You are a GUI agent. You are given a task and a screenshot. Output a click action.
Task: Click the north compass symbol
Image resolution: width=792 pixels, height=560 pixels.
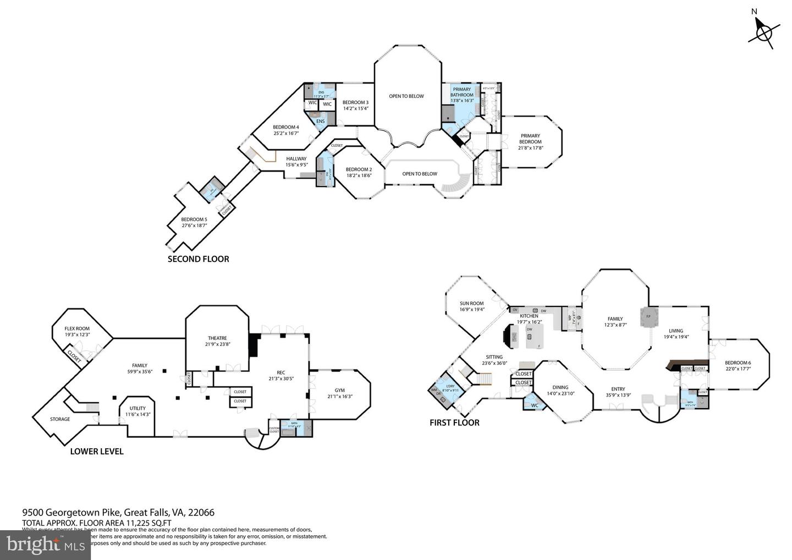click(x=763, y=33)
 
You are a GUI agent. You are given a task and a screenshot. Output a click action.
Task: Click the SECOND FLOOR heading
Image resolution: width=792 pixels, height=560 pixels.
click(x=198, y=259)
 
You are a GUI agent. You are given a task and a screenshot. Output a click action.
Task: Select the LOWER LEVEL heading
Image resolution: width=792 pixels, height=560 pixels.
click(x=97, y=451)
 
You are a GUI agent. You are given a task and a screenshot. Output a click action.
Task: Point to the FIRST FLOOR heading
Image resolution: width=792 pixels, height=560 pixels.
click(x=454, y=422)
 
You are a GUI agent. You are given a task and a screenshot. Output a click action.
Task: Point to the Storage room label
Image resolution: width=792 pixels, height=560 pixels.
click(x=60, y=419)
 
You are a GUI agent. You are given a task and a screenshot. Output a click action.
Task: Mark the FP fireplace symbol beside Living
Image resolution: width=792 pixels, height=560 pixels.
click(x=648, y=316)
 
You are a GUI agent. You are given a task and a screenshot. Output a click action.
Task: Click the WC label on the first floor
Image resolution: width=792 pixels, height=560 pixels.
click(x=534, y=405)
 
